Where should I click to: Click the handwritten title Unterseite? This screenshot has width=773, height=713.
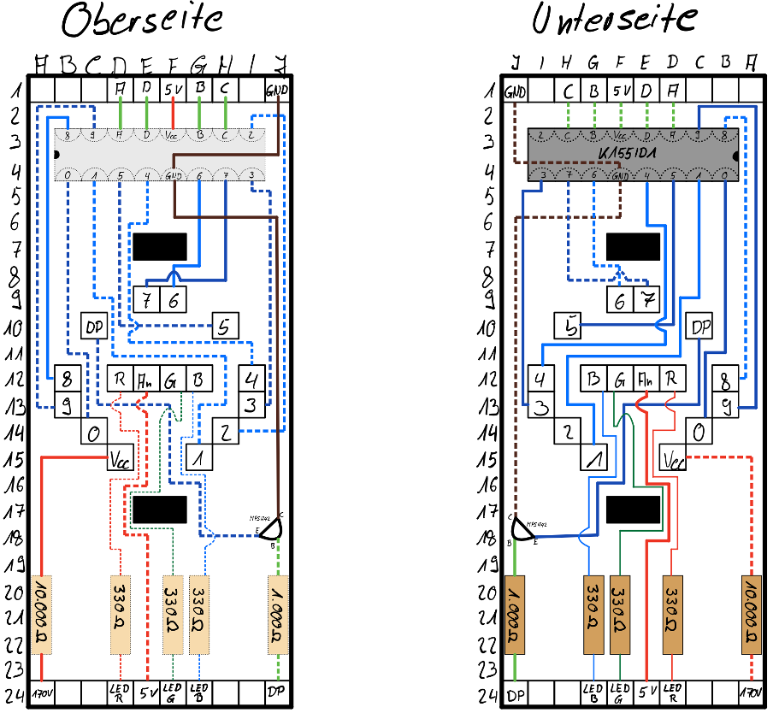(614, 19)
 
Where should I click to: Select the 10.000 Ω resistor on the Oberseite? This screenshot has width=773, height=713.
(42, 615)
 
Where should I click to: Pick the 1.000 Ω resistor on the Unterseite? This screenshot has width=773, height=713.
(516, 615)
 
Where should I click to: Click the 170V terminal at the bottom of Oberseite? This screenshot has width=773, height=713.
(42, 691)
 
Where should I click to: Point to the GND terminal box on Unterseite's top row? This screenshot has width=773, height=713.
(516, 91)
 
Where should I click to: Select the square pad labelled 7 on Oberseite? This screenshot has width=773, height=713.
(146, 299)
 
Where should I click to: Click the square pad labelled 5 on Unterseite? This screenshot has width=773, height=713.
(568, 326)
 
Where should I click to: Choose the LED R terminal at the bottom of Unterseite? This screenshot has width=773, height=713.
(673, 691)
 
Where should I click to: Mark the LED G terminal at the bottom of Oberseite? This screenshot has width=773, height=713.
(174, 691)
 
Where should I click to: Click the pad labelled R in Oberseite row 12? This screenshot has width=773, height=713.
(120, 378)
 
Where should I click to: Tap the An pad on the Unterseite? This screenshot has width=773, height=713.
(646, 378)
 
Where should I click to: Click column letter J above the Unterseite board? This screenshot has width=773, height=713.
(516, 62)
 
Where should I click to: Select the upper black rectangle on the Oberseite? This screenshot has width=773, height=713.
(160, 247)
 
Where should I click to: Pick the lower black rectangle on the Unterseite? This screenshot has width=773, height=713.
(633, 510)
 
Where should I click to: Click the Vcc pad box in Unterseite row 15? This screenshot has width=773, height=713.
(674, 460)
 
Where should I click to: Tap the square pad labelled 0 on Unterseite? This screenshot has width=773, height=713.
(699, 432)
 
